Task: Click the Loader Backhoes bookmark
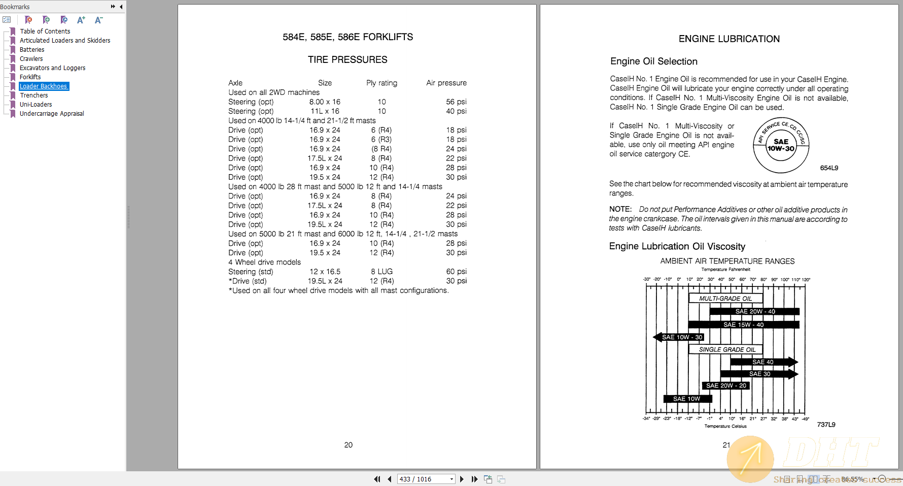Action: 44,86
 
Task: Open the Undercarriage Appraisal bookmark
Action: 52,114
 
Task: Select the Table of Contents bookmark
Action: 45,31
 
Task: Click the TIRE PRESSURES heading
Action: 348,60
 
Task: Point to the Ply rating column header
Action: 381,83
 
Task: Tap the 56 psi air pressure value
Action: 456,102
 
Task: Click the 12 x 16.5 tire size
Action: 325,272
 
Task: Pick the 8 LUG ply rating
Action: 381,272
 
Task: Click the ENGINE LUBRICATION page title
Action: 729,39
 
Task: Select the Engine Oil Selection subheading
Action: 653,61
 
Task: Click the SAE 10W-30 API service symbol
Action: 781,145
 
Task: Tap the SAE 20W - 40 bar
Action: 754,312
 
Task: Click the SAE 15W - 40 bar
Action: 743,325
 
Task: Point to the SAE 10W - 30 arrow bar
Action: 680,337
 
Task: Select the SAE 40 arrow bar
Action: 763,362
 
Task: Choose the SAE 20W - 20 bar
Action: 726,386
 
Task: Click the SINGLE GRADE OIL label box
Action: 726,349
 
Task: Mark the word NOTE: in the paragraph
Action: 620,209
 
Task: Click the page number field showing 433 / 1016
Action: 423,479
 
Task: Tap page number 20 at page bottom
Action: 348,445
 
